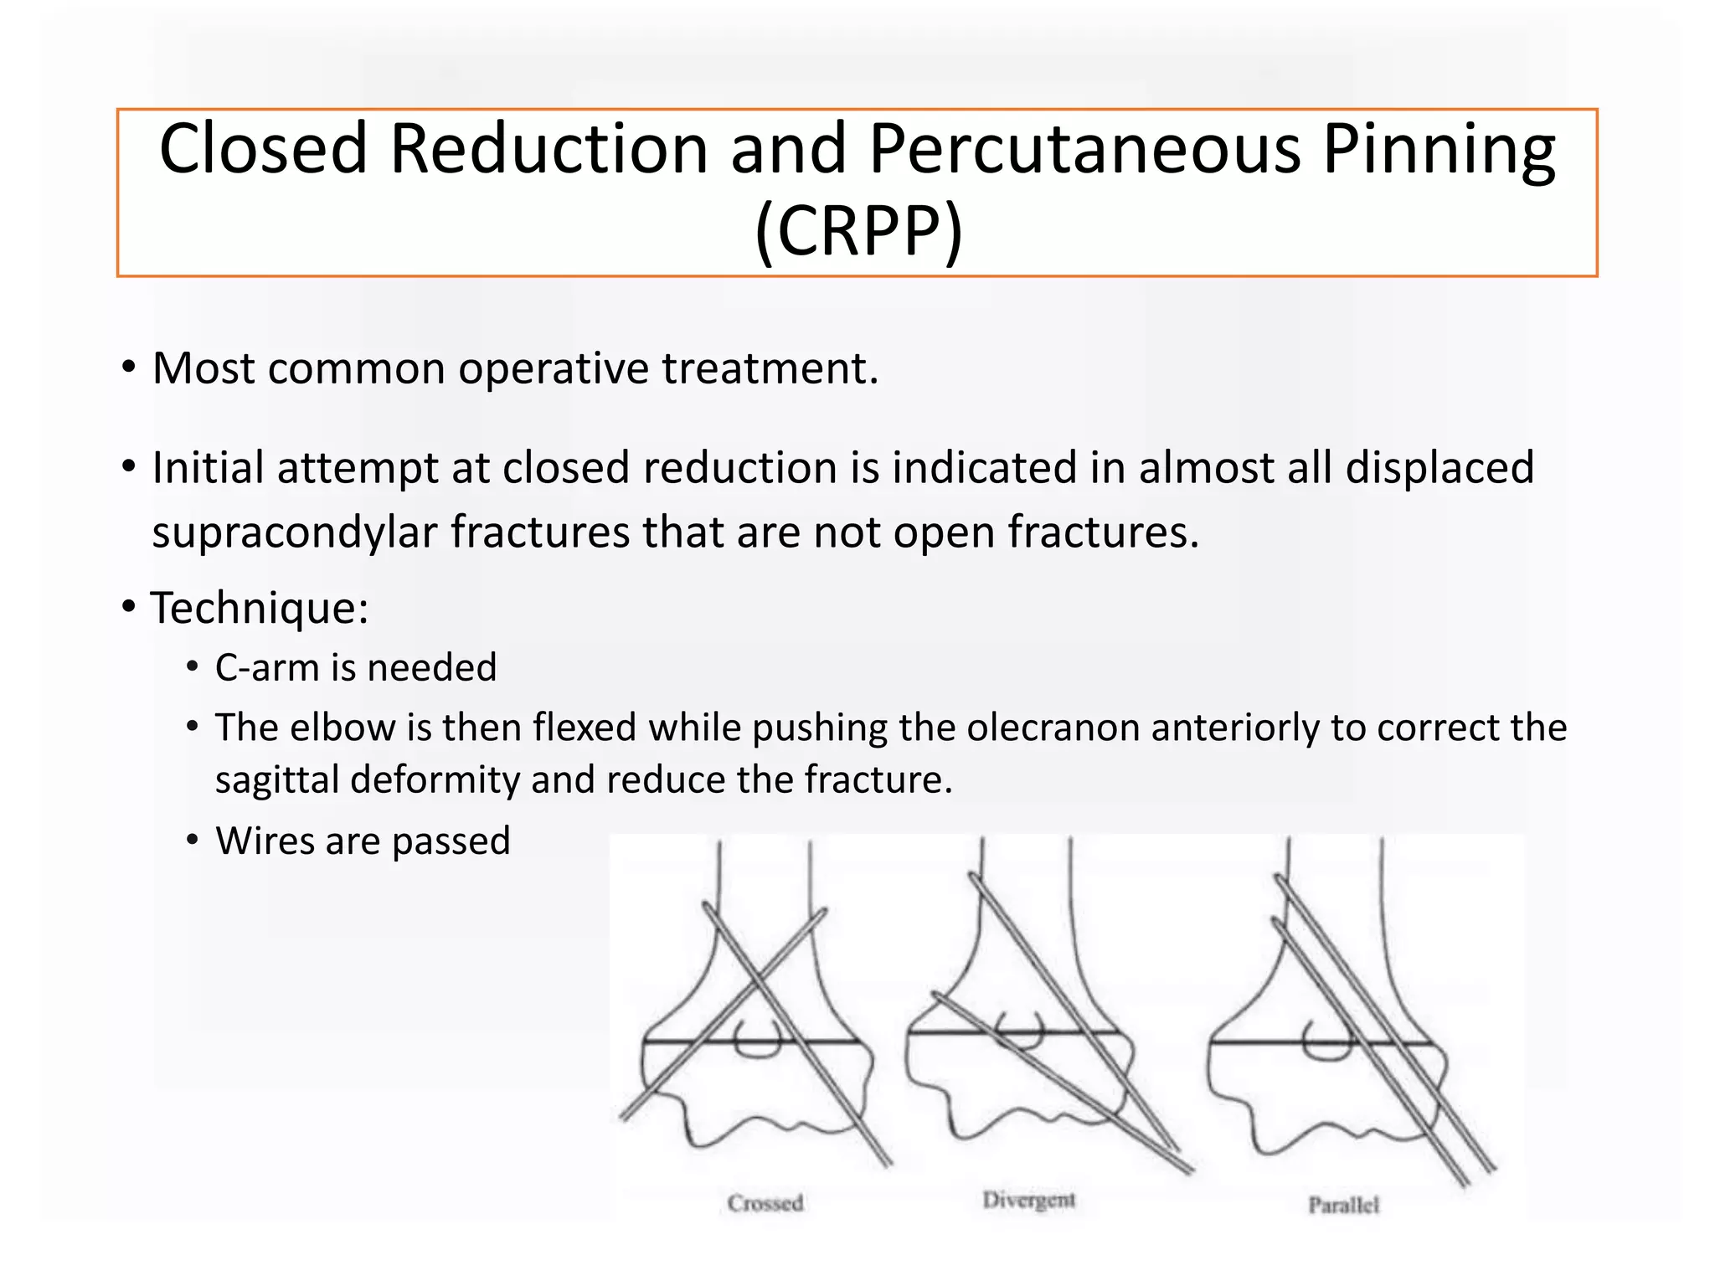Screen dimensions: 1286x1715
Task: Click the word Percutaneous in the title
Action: click(1084, 149)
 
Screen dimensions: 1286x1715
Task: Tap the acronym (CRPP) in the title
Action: click(858, 231)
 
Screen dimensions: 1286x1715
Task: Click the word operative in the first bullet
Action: click(553, 369)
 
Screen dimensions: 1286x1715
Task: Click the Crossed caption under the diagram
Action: click(765, 1203)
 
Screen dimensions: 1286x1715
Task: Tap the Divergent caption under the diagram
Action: click(1028, 1200)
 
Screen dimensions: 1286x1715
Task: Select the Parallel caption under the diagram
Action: click(1343, 1205)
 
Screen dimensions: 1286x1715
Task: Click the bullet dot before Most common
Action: click(128, 368)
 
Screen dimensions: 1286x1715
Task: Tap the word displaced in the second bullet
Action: click(1439, 467)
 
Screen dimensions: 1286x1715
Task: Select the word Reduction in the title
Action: click(548, 149)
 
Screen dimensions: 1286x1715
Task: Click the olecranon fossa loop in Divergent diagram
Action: click(1021, 1031)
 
